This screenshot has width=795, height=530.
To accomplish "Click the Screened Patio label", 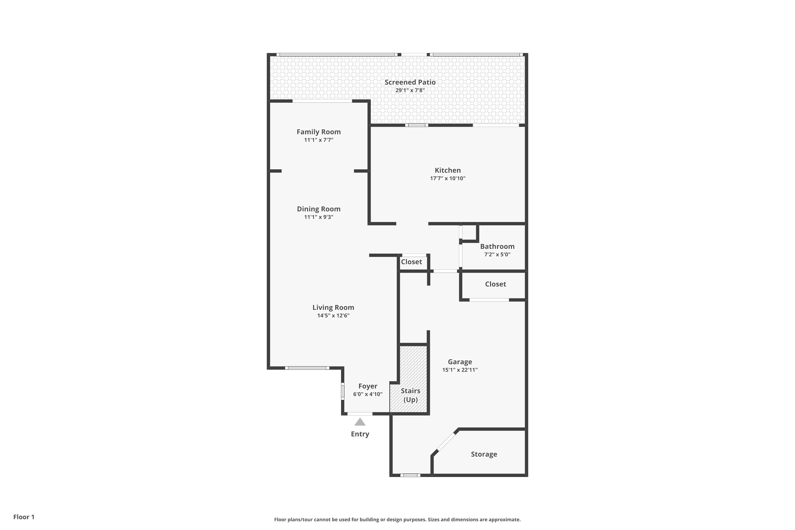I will point(410,82).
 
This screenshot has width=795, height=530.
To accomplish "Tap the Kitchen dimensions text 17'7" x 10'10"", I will point(448,178).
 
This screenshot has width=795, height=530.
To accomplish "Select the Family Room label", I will point(319,132).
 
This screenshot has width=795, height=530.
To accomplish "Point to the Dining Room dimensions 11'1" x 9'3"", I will point(319,217).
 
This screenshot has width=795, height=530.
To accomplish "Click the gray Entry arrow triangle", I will point(360,422).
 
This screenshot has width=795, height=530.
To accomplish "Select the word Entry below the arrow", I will point(360,434).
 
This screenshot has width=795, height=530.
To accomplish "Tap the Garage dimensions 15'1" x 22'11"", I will point(460,370).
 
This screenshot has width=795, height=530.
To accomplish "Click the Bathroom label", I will point(497,246).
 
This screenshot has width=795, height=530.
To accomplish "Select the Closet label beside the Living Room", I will point(411,262).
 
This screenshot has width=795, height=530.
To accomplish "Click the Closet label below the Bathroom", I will point(495,284).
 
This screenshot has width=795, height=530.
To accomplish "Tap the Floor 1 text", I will point(24,517).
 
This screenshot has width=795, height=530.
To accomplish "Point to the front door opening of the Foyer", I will point(360,414).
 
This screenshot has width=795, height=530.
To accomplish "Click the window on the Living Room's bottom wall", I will point(307,368).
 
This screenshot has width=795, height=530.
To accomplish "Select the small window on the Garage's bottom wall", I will point(410,475).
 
